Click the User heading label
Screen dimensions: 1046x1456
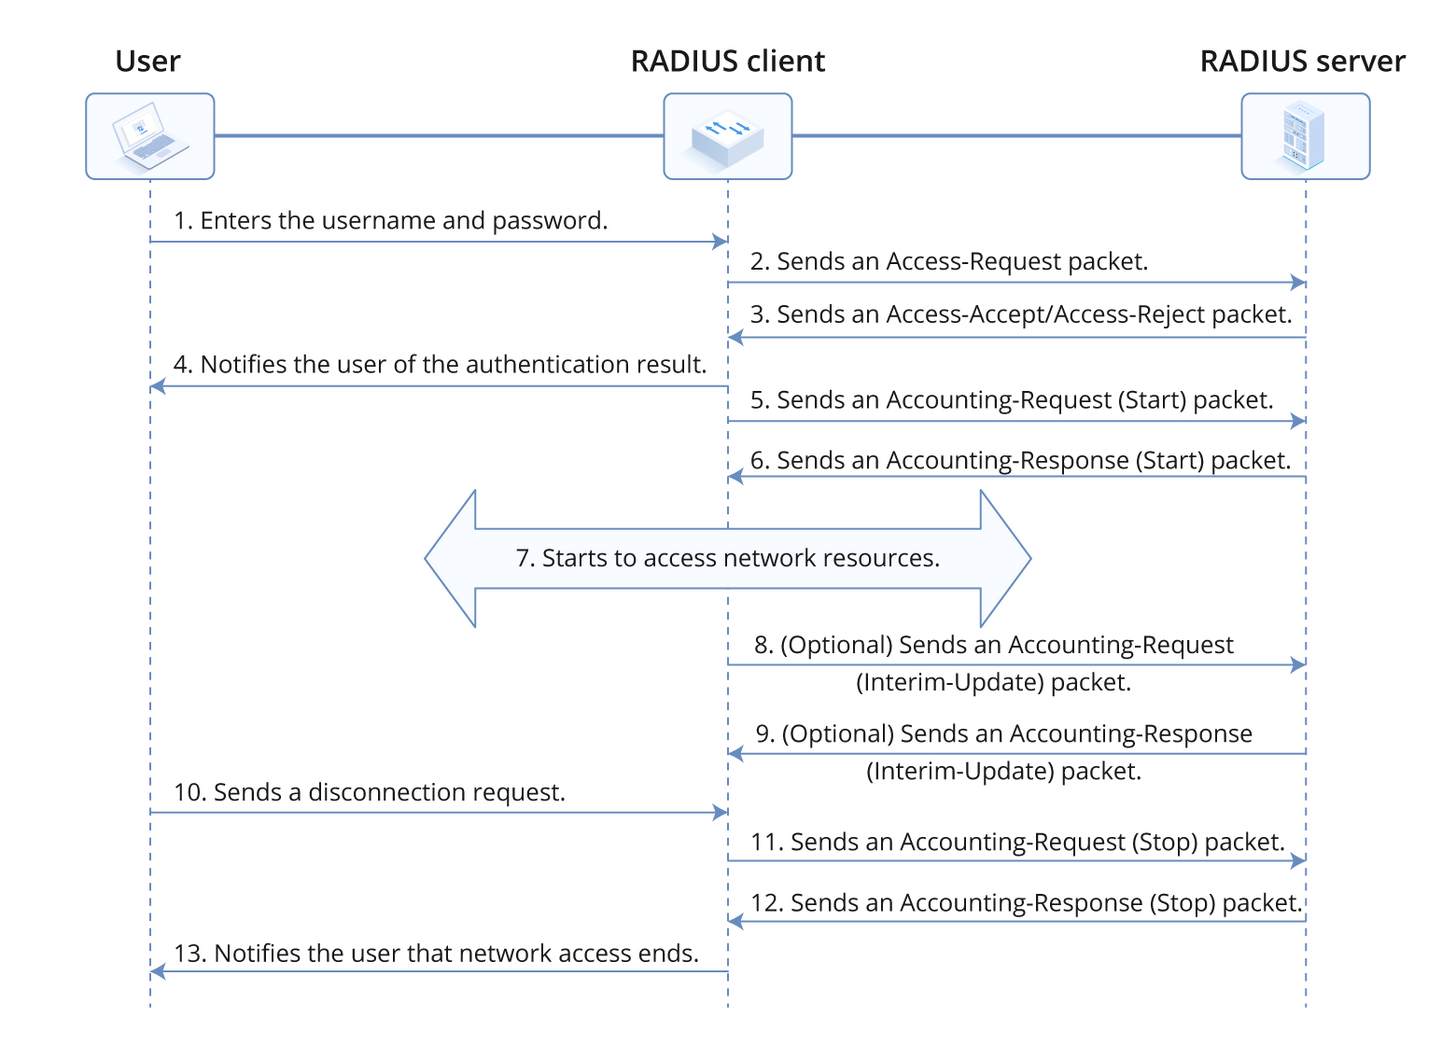pyautogui.click(x=147, y=62)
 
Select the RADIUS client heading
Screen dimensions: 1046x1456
pyautogui.click(x=727, y=62)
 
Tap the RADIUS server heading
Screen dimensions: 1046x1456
pyautogui.click(x=1302, y=62)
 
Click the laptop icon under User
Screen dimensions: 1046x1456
pyautogui.click(x=149, y=136)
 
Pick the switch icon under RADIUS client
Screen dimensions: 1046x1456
pyautogui.click(x=727, y=136)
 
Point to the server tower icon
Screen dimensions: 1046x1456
pyautogui.click(x=1305, y=136)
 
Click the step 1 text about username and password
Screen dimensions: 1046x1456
pyautogui.click(x=390, y=221)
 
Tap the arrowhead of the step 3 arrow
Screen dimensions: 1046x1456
pyautogui.click(x=735, y=337)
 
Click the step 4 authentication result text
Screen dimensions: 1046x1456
pyautogui.click(x=440, y=365)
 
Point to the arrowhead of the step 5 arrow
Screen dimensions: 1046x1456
pyautogui.click(x=1298, y=422)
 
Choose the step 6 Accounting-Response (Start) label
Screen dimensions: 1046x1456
pyautogui.click(x=1021, y=461)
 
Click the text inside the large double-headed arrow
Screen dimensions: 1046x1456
pyautogui.click(x=727, y=558)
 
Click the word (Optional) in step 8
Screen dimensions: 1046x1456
pyautogui.click(x=837, y=646)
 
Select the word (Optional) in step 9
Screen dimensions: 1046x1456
pyautogui.click(x=838, y=734)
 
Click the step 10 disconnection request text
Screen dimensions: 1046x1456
pyautogui.click(x=370, y=792)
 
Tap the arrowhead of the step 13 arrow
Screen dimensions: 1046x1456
pyautogui.click(x=158, y=971)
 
